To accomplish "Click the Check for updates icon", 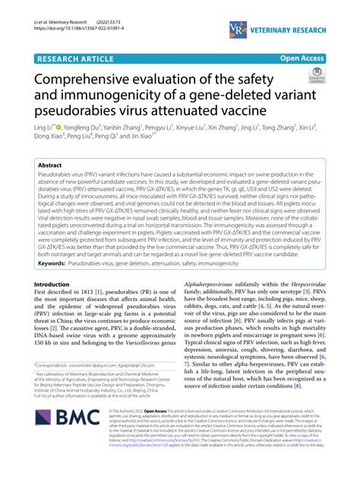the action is click(314, 78).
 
